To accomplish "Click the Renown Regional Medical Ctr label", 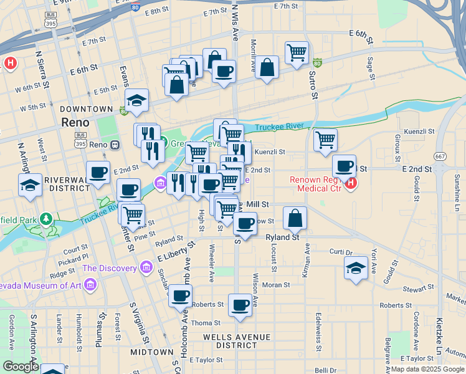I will coord(316,185).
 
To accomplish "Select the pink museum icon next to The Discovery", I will coord(146,268).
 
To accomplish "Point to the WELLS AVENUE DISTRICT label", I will coord(237,341).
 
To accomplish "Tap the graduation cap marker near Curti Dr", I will coord(355,269).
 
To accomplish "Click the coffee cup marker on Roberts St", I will coord(240,305).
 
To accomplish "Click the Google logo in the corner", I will coord(20,367).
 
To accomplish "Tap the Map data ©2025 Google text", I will coord(428,369).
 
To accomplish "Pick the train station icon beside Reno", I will coord(115,145).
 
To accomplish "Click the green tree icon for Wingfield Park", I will coord(45,219).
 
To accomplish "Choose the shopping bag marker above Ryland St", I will coord(295,218).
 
